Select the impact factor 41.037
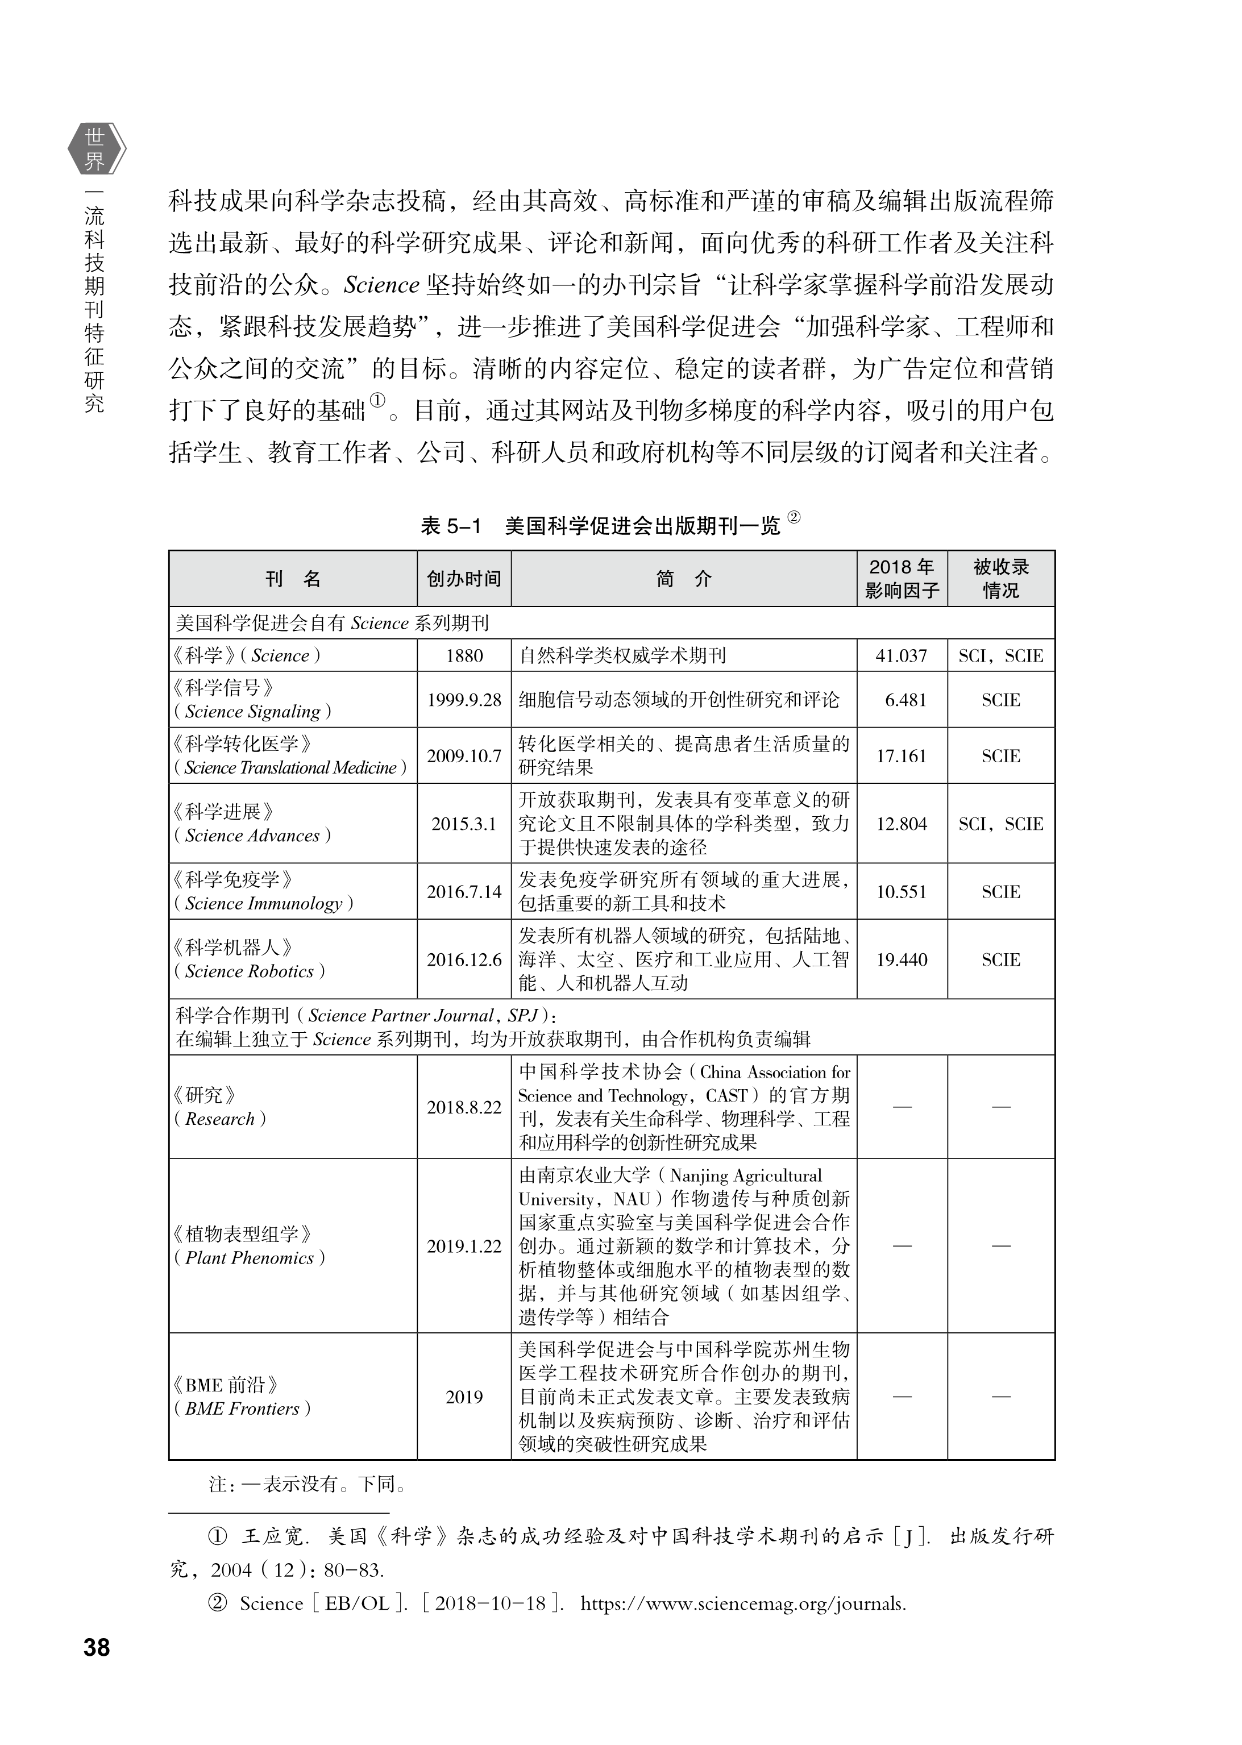coord(901,655)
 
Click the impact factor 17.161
coord(901,755)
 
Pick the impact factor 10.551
coord(901,892)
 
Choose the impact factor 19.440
coord(901,959)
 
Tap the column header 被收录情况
coord(1000,579)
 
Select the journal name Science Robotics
coord(250,971)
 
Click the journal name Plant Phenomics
coord(250,1258)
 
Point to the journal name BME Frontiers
coord(243,1409)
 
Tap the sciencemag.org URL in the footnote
coord(742,1603)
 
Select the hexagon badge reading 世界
coord(95,149)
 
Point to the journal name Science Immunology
coord(263,903)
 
